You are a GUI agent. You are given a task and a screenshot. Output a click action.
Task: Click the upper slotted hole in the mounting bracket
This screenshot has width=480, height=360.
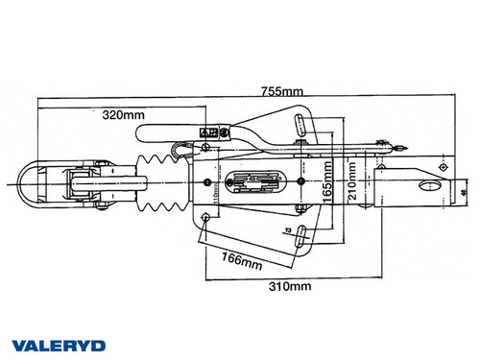coord(300,126)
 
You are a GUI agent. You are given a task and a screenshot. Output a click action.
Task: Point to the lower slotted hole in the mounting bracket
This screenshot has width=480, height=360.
coord(300,233)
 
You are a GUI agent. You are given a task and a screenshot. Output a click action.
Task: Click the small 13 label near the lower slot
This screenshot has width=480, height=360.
coord(287,231)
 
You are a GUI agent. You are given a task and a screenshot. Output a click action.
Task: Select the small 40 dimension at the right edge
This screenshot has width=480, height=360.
coord(465,193)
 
